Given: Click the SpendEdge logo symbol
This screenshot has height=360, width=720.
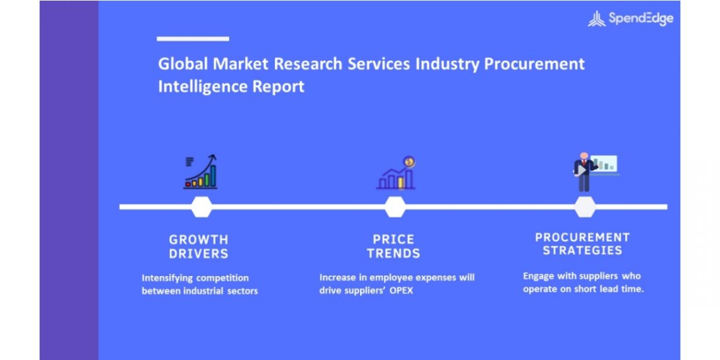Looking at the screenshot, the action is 596,19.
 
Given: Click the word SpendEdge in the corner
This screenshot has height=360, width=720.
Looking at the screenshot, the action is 641,19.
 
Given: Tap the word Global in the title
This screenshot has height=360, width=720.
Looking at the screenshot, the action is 183,64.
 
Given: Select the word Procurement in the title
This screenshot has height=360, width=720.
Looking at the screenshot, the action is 534,64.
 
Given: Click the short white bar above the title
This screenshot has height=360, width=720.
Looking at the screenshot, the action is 193,39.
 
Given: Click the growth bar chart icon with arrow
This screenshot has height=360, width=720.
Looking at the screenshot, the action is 201,172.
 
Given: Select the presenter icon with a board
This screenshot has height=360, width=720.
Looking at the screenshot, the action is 595,172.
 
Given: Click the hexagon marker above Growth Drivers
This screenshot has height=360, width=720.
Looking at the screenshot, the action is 201,207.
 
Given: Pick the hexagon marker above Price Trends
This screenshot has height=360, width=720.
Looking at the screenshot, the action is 395,207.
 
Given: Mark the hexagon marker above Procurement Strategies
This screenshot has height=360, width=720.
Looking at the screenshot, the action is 585,207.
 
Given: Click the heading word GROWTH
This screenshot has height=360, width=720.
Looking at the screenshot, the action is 198,239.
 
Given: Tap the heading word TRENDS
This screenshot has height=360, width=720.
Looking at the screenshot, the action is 393,253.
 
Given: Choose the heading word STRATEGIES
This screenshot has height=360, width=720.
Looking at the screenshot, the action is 582,251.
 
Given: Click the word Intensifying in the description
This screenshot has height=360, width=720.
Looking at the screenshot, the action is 167,279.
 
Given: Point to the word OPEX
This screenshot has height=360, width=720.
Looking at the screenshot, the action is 402,291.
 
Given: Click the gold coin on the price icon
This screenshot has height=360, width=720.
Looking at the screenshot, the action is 409,162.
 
